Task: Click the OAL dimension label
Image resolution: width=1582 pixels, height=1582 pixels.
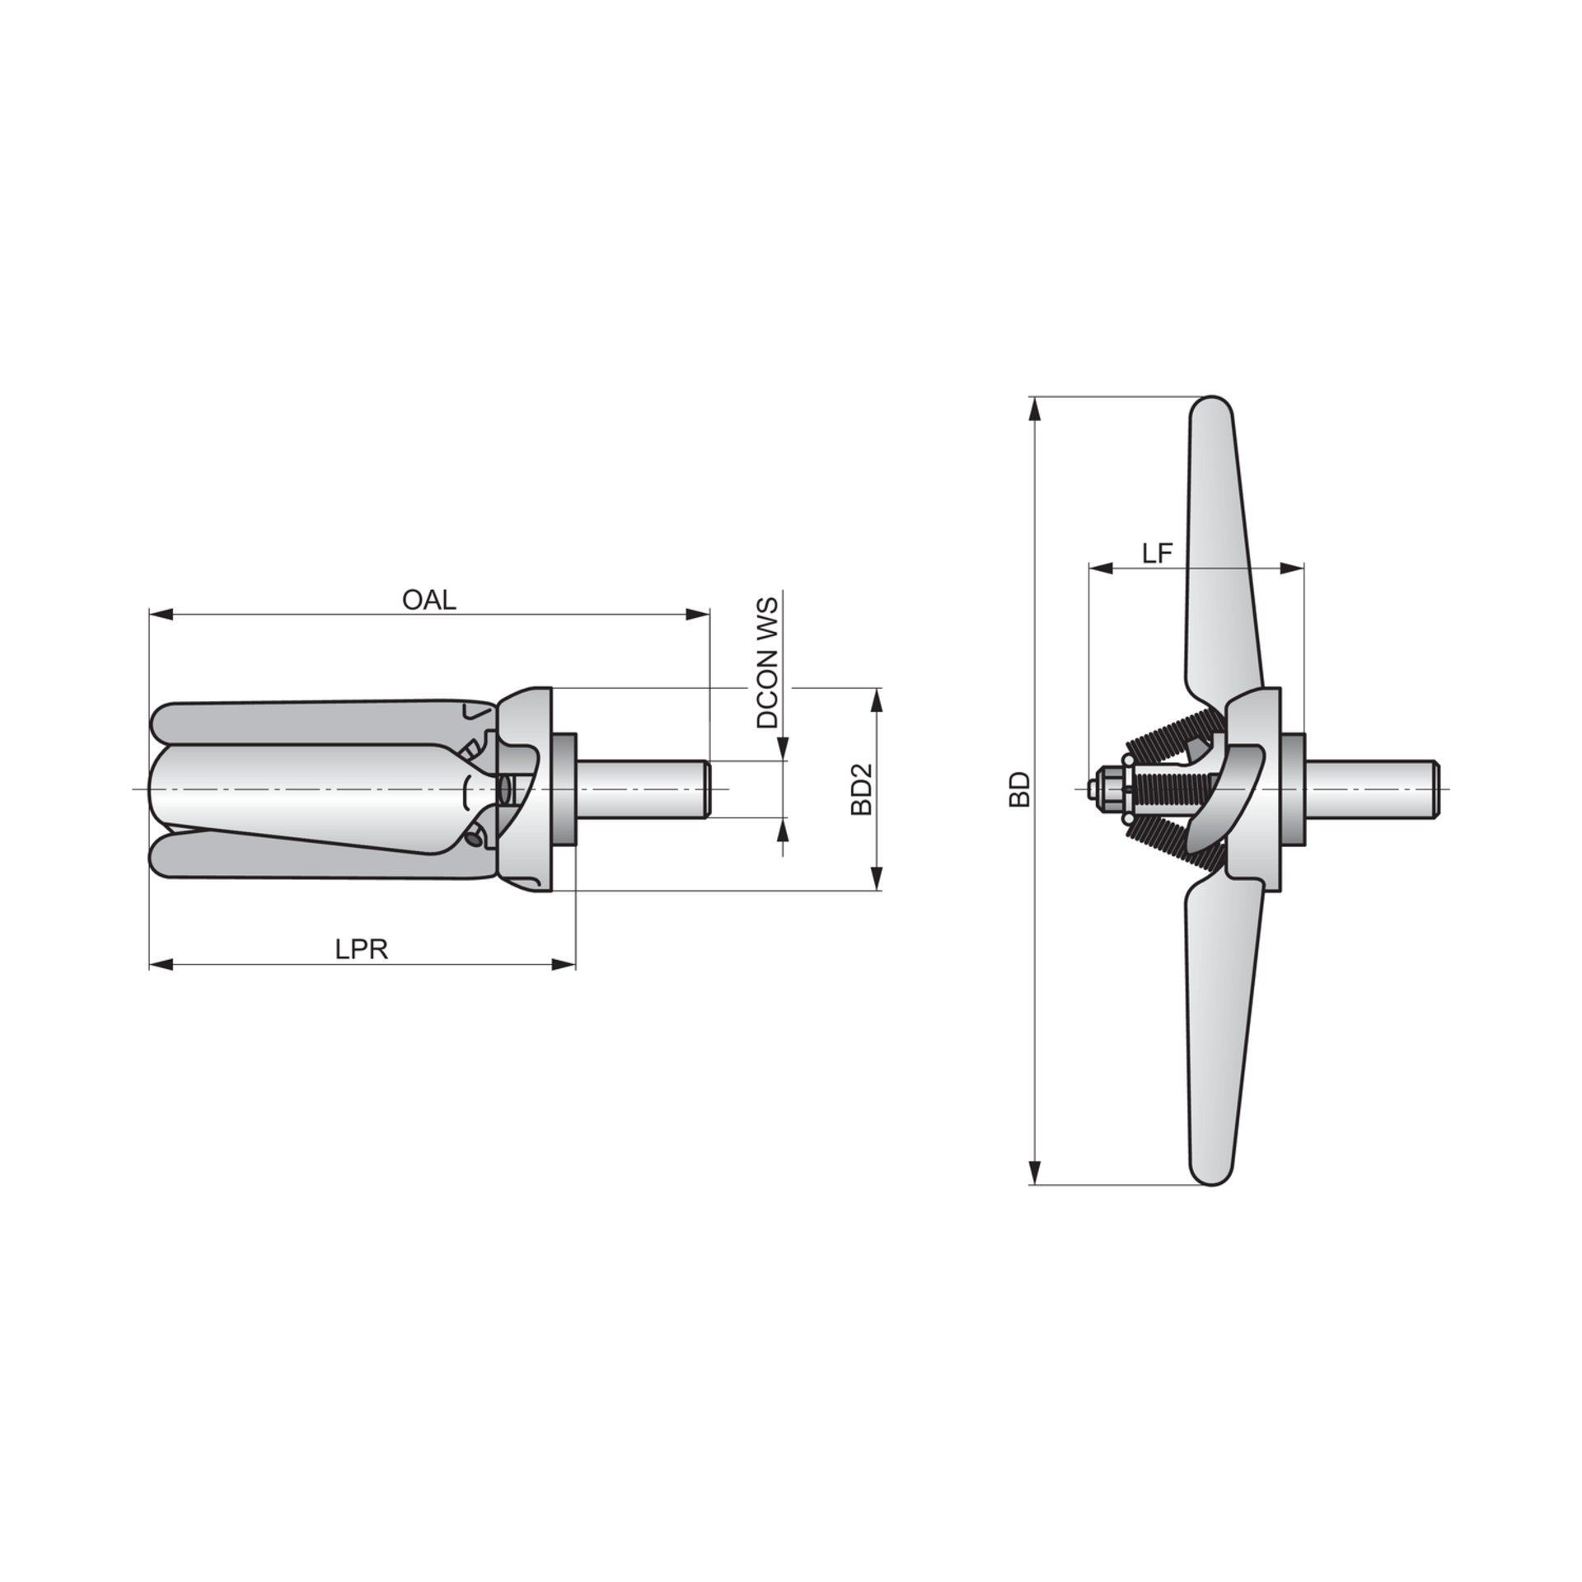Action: [428, 599]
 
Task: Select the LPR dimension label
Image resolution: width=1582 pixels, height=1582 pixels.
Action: [361, 949]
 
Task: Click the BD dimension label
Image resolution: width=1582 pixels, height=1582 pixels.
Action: [1020, 789]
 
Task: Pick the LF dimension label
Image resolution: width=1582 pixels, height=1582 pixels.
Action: [1157, 554]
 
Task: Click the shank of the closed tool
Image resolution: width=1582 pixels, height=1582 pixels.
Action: [644, 789]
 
